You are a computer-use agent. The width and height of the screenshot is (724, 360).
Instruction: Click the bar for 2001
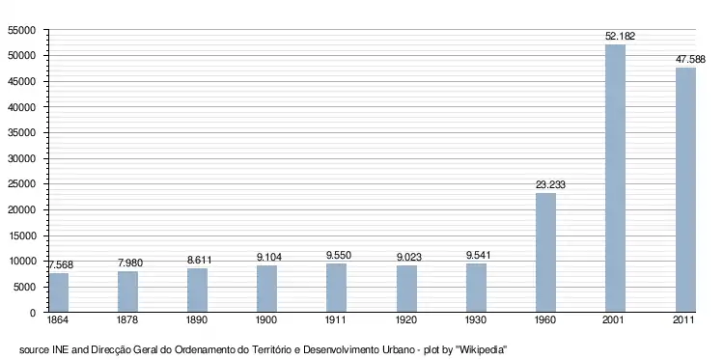(x=616, y=179)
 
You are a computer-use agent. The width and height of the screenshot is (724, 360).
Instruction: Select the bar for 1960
(x=545, y=253)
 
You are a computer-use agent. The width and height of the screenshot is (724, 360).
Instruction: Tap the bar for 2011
(x=685, y=190)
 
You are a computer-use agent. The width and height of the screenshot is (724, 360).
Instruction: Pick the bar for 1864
(x=59, y=292)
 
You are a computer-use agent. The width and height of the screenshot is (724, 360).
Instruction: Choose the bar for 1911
(x=336, y=288)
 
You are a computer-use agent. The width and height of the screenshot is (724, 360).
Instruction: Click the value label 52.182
(x=620, y=37)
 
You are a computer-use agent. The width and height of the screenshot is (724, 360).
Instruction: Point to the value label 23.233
(x=550, y=184)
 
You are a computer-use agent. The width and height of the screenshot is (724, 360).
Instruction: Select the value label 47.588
(x=690, y=60)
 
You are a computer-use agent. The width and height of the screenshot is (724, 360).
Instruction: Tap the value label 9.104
(x=269, y=257)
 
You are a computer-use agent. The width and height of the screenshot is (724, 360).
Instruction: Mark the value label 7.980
(x=130, y=263)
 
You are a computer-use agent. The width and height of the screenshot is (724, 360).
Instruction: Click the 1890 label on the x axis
(x=197, y=320)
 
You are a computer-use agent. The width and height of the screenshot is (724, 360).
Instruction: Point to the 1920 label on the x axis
(x=406, y=320)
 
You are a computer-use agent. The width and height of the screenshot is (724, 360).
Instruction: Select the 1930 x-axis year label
(x=476, y=320)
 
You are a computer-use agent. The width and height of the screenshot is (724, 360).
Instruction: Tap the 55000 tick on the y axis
(x=21, y=31)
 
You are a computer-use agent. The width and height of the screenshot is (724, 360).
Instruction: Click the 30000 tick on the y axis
(x=21, y=159)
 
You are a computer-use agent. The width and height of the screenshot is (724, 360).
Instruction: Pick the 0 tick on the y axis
(x=33, y=313)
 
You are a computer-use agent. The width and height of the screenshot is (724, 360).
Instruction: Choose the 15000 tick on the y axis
(x=21, y=235)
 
